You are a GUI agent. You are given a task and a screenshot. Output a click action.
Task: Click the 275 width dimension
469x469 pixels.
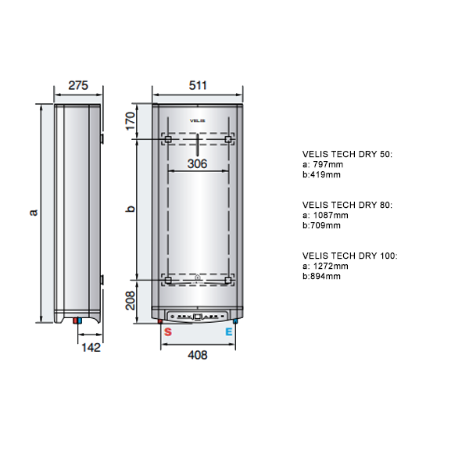(x=78, y=85)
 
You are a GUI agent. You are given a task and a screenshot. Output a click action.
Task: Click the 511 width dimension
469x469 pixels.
(x=198, y=85)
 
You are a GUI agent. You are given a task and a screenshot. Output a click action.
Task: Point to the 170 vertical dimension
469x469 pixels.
(x=131, y=121)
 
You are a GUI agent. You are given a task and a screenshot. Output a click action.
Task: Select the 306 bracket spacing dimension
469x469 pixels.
(x=198, y=163)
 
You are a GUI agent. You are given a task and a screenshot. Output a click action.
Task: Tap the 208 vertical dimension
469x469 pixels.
(x=131, y=300)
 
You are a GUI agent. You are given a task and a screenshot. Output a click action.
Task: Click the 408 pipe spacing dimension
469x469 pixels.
(x=198, y=355)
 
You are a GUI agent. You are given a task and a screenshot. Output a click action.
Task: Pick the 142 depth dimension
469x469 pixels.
(x=91, y=347)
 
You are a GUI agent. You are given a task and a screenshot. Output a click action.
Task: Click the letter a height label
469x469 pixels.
(x=34, y=212)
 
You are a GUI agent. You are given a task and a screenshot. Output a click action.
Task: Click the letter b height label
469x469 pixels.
(x=131, y=209)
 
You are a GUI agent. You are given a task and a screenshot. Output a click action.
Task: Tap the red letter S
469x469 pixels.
(x=168, y=331)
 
